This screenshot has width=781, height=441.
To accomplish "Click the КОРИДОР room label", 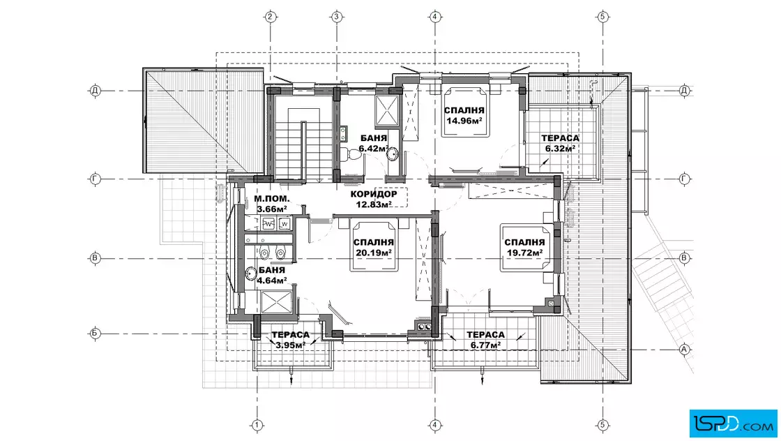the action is pyautogui.click(x=374, y=194).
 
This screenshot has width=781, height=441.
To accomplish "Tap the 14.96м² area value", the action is pyautogui.click(x=464, y=120).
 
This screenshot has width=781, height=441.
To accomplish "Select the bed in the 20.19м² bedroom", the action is pyautogui.click(x=374, y=244).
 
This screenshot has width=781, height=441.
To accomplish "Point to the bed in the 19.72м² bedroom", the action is pyautogui.click(x=526, y=248).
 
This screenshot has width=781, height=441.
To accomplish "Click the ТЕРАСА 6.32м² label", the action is pyautogui.click(x=561, y=142).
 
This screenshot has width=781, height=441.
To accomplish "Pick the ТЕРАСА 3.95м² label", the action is pyautogui.click(x=290, y=339).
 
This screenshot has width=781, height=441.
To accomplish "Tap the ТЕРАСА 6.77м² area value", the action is pyautogui.click(x=485, y=345).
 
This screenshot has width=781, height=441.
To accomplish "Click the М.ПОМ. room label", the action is pyautogui.click(x=271, y=199).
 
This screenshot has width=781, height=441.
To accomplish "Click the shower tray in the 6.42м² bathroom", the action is pyautogui.click(x=387, y=110).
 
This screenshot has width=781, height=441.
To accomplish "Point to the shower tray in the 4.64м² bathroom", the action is pyautogui.click(x=275, y=302).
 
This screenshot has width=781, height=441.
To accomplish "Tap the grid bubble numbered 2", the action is pyautogui.click(x=270, y=17).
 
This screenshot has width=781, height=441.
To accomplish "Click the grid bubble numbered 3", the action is pyautogui.click(x=337, y=17).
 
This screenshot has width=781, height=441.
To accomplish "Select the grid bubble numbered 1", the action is pyautogui.click(x=257, y=425).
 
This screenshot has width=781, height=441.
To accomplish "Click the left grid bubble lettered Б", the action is pyautogui.click(x=95, y=334).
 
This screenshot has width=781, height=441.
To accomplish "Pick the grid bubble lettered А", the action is pyautogui.click(x=684, y=349).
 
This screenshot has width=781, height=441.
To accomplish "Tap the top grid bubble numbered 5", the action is pyautogui.click(x=602, y=17).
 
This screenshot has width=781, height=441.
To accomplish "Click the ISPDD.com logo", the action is pyautogui.click(x=733, y=424).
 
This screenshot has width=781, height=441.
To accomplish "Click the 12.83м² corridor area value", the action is pyautogui.click(x=374, y=204).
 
